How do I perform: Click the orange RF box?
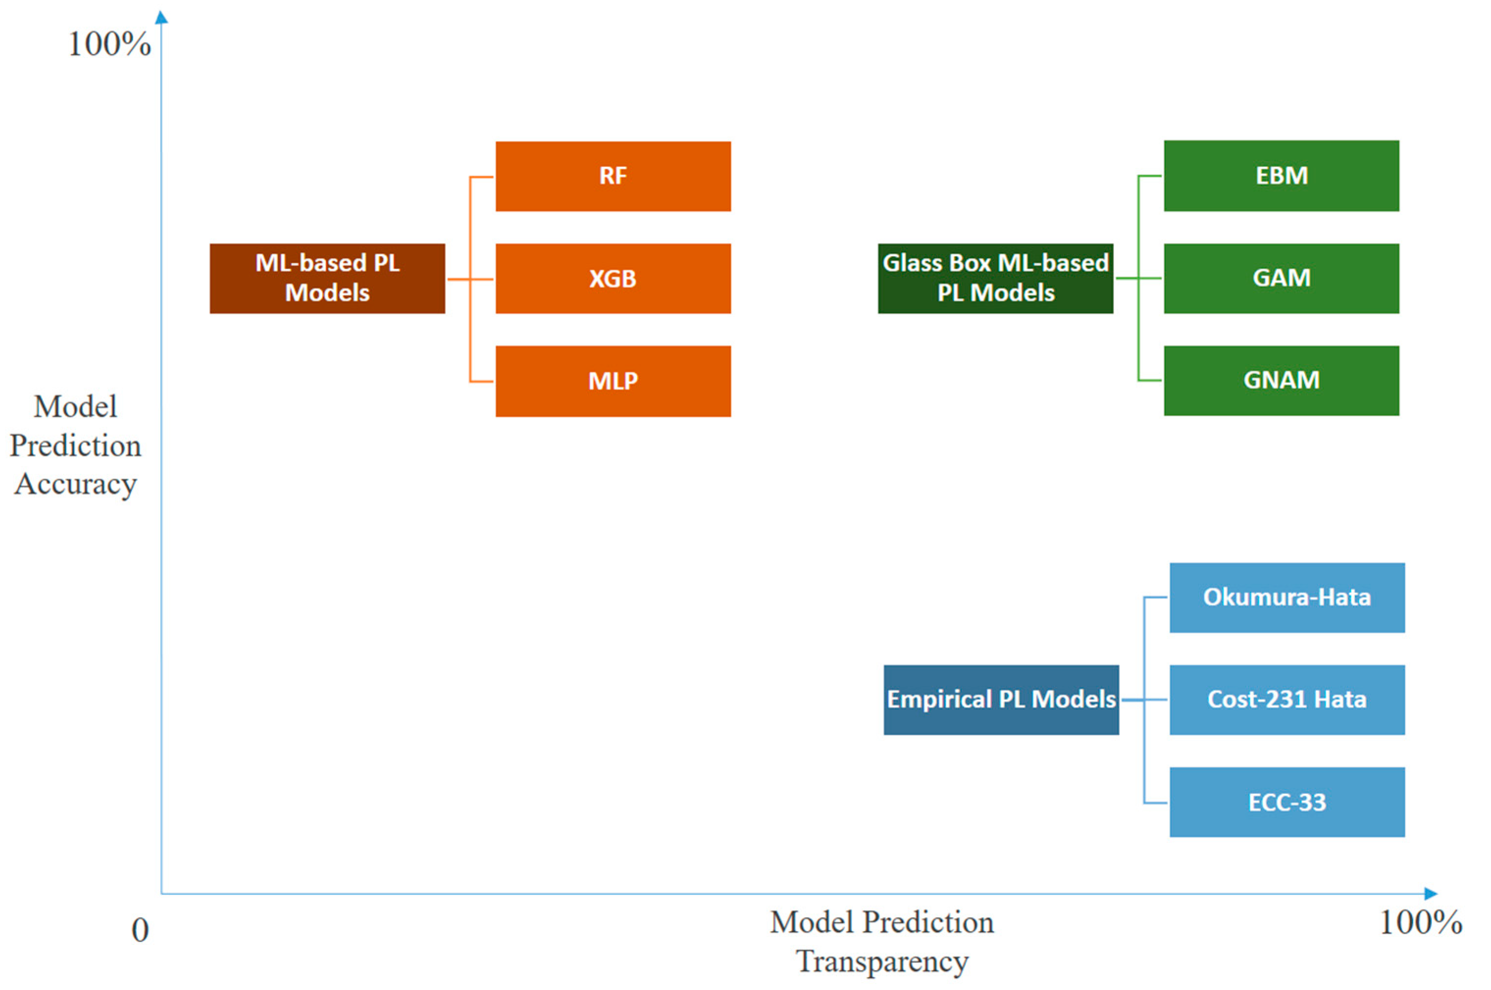(613, 176)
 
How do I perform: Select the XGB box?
(613, 279)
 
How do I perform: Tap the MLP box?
(613, 381)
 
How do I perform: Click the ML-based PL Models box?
(327, 279)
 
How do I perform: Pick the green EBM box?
(1282, 176)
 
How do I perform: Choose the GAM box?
(1282, 279)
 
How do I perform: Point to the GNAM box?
(1282, 381)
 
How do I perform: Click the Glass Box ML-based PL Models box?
(995, 279)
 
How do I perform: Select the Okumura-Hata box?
(1287, 598)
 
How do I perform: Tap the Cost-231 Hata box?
(1287, 700)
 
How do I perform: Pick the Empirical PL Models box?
(1001, 700)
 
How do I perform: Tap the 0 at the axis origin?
(140, 931)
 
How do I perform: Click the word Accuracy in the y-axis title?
(75, 485)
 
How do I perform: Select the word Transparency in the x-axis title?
(882, 962)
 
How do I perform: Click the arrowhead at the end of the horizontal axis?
(1431, 893)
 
